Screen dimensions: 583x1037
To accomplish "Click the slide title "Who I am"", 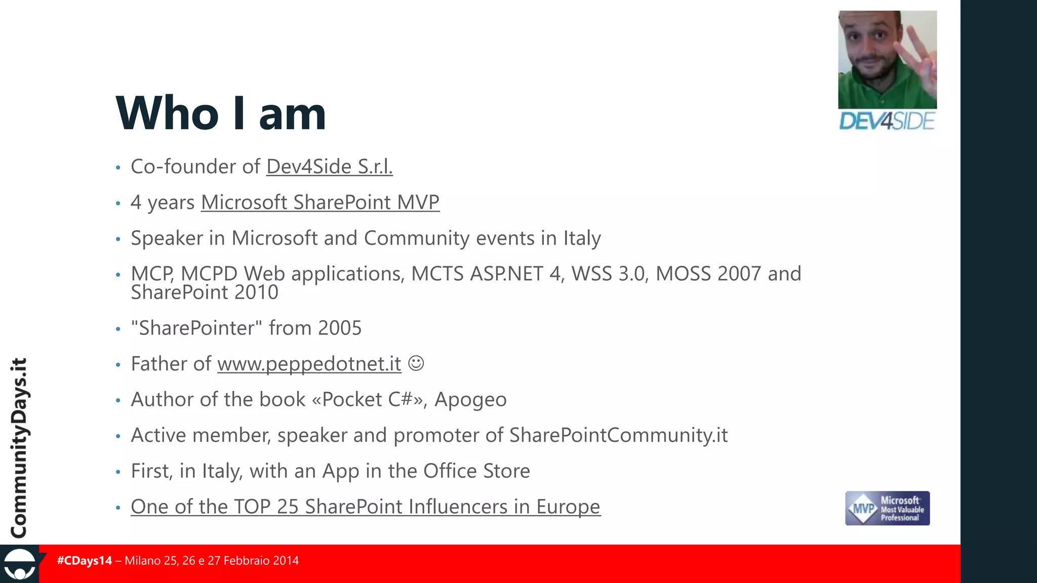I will pos(221,113).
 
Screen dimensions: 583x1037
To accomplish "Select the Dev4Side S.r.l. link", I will pos(329,166).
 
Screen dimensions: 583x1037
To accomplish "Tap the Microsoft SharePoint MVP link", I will pos(320,202).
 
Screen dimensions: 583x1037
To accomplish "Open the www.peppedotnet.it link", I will pos(309,364).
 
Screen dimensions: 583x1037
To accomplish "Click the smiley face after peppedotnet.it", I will pos(416,363).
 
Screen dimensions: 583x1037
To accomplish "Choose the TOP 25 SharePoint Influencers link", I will pos(366,507).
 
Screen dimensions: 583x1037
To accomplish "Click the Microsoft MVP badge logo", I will pos(887,508).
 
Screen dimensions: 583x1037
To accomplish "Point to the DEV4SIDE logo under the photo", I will pos(887,121).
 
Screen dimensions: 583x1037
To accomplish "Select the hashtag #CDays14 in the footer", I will pos(85,561).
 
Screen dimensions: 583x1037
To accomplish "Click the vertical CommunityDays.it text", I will pos(19,448).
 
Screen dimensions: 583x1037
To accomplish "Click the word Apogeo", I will pos(470,400).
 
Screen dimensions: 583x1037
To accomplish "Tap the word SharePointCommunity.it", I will pos(618,435).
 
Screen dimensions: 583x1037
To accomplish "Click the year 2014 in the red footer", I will pos(286,561).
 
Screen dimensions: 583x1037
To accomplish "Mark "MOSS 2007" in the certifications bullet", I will pos(708,274).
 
